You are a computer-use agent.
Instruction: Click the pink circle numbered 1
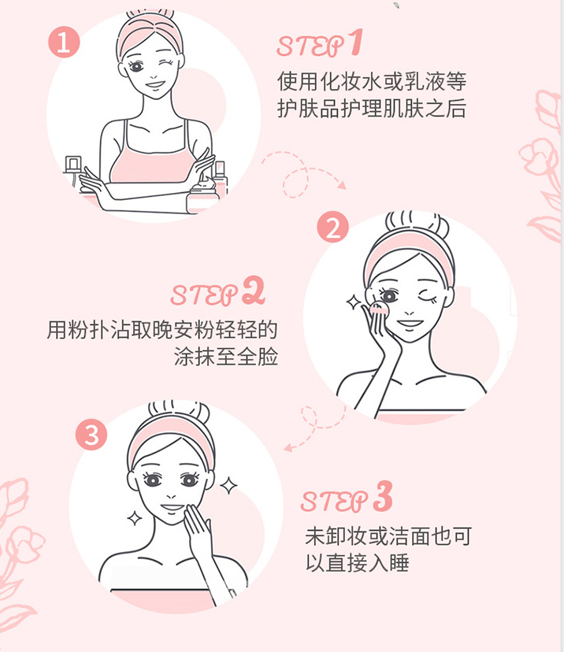point(64,42)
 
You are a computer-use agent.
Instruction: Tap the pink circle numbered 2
point(332,228)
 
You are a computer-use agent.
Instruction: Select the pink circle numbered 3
point(91,435)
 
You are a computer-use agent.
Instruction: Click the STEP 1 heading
point(318,44)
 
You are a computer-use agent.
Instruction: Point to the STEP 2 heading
point(217,294)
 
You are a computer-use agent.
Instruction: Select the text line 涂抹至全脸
point(225,356)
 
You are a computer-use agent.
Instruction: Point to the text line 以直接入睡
point(357,564)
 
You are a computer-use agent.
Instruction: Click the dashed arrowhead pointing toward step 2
point(341,185)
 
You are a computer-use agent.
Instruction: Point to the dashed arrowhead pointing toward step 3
point(288,447)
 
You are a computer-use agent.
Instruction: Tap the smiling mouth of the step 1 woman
point(154,85)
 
